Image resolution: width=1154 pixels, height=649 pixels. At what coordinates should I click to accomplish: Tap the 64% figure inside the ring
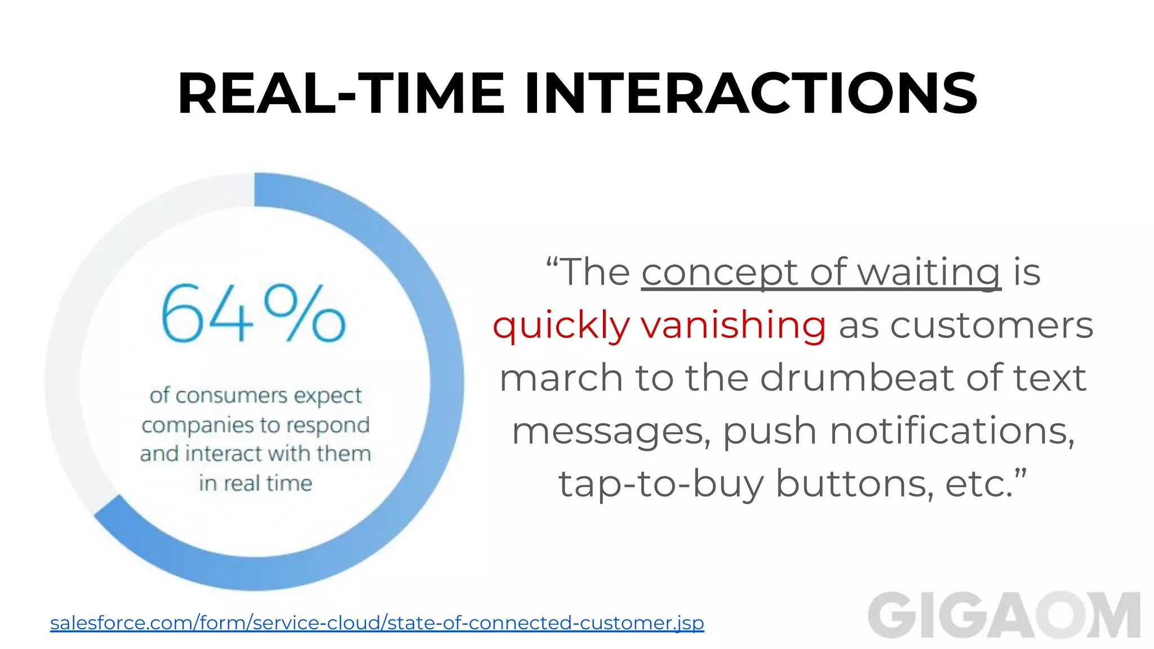(253, 314)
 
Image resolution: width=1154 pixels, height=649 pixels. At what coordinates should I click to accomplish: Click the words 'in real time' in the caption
(255, 483)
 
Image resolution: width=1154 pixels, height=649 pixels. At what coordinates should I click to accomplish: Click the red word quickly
(561, 326)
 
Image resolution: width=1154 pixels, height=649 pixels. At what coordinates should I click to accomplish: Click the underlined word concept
(719, 273)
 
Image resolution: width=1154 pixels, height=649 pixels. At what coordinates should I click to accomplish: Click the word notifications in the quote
(952, 430)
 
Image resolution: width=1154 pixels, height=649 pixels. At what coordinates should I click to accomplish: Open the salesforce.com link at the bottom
(377, 623)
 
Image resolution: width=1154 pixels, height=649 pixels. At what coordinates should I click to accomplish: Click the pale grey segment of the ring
(90, 315)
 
